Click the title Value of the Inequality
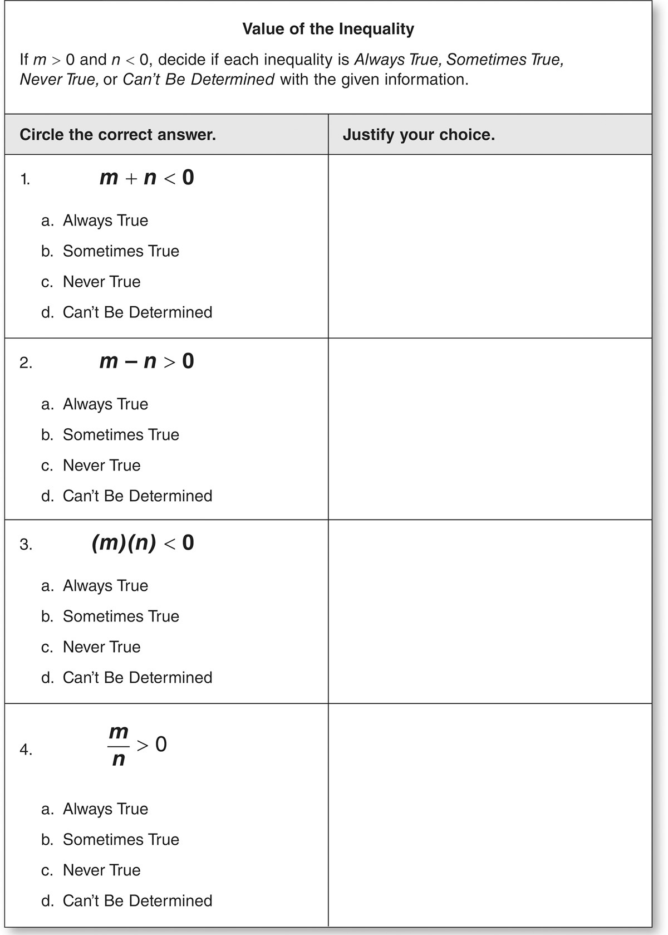pyautogui.click(x=328, y=29)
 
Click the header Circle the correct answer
pyautogui.click(x=117, y=135)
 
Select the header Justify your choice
pyautogui.click(x=419, y=135)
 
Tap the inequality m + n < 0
pyautogui.click(x=146, y=178)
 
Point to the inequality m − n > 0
pyautogui.click(x=146, y=361)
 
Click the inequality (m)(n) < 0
pyautogui.click(x=143, y=543)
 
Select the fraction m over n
pyautogui.click(x=119, y=745)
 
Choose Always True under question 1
pyautogui.click(x=105, y=221)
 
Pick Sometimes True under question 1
pyautogui.click(x=121, y=251)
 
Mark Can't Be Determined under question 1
pyautogui.click(x=137, y=312)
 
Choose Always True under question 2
pyautogui.click(x=105, y=404)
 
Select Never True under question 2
pyautogui.click(x=101, y=466)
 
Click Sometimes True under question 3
pyautogui.click(x=121, y=616)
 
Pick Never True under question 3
pyautogui.click(x=101, y=647)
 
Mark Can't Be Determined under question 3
pyautogui.click(x=137, y=678)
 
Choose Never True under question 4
pyautogui.click(x=101, y=870)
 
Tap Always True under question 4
pyautogui.click(x=105, y=809)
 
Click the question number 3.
pyautogui.click(x=26, y=545)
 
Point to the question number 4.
pyautogui.click(x=26, y=750)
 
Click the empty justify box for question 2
pyautogui.click(x=490, y=429)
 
